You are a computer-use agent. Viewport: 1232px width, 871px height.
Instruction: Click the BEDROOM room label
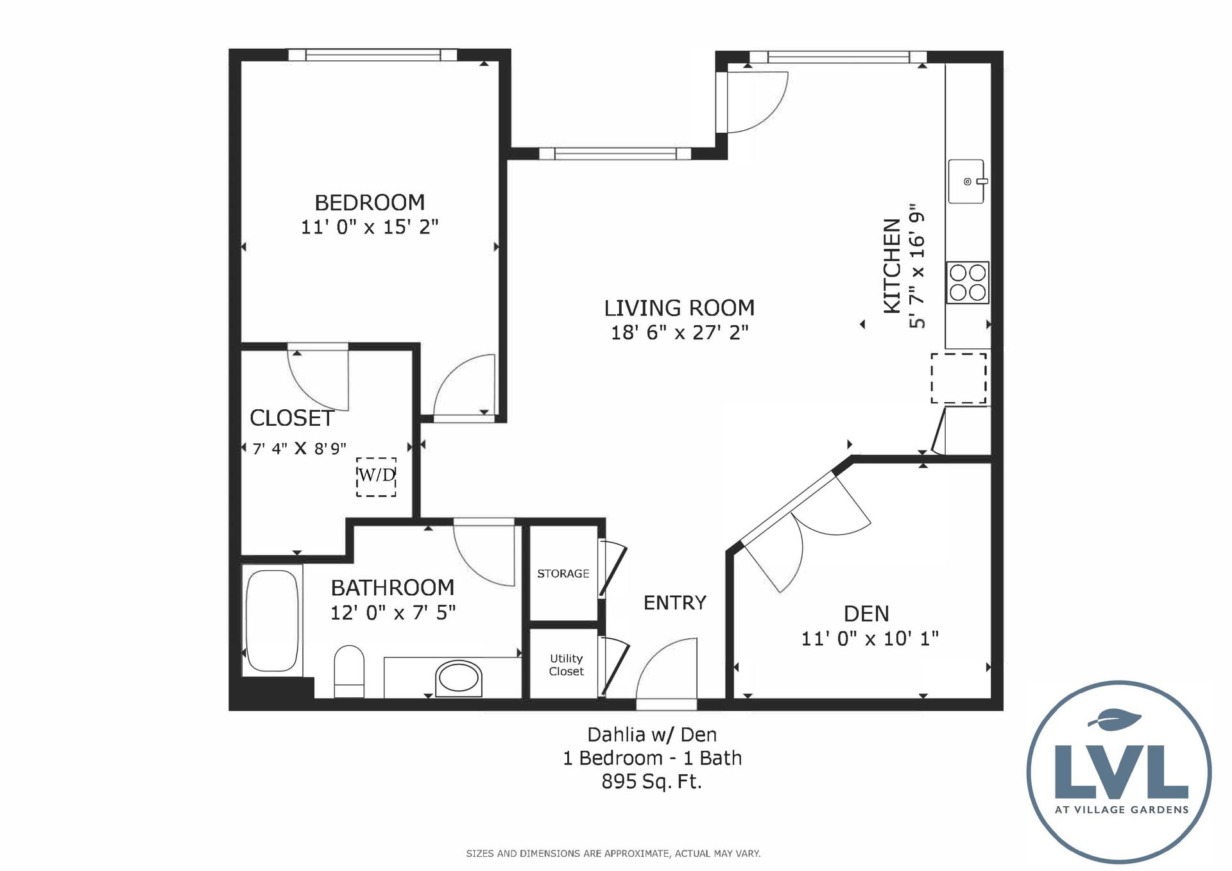click(x=370, y=203)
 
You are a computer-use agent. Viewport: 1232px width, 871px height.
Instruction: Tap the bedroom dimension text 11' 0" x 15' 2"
click(x=370, y=227)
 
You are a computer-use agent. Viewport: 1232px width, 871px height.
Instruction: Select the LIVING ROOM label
click(x=679, y=308)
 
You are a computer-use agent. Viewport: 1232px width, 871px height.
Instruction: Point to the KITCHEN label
click(x=892, y=266)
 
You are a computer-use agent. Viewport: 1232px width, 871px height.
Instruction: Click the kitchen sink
click(x=967, y=182)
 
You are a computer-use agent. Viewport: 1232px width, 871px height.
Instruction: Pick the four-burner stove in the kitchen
click(x=968, y=282)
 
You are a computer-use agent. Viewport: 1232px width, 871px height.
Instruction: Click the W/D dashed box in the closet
click(x=376, y=477)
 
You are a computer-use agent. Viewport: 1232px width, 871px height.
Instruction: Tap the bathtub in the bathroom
click(x=273, y=620)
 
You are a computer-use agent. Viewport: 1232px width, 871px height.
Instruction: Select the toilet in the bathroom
click(x=349, y=672)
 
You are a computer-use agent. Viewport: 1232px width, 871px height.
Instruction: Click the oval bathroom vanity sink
click(x=458, y=679)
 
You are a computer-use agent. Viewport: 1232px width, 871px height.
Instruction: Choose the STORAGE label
click(x=563, y=573)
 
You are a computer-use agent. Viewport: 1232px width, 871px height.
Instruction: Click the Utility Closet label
click(x=566, y=665)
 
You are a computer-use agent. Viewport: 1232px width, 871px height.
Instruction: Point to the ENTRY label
click(x=674, y=603)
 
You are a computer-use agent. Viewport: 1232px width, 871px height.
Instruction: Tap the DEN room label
click(x=866, y=614)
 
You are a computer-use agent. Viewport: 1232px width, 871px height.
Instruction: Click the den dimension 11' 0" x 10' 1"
click(x=869, y=639)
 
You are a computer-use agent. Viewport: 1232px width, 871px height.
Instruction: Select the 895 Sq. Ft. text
click(x=651, y=782)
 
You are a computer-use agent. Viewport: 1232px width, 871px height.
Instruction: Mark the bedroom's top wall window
click(x=372, y=55)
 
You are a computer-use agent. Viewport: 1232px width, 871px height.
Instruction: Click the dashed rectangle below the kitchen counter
click(x=959, y=378)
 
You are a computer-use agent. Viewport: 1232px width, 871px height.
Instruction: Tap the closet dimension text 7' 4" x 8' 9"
click(x=299, y=448)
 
